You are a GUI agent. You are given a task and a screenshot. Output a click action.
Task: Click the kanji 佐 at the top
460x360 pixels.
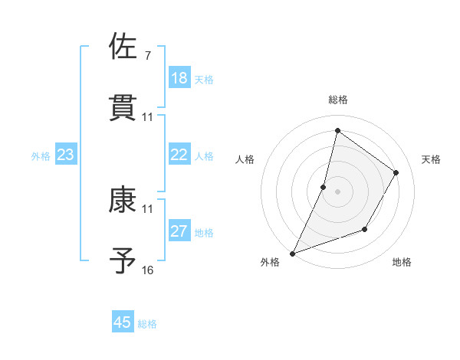[123, 47]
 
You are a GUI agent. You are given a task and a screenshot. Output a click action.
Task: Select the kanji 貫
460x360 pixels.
[123, 107]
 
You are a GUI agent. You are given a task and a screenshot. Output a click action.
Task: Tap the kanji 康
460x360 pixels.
[123, 200]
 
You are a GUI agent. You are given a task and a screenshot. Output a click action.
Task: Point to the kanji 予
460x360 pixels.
[123, 260]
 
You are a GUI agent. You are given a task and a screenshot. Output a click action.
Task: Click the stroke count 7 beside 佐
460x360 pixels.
[147, 56]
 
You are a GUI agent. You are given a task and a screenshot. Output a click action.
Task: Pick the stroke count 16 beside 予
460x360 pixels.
[148, 270]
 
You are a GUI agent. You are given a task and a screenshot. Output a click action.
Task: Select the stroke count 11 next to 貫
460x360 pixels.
[148, 117]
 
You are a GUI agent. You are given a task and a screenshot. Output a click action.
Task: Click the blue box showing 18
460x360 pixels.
[179, 78]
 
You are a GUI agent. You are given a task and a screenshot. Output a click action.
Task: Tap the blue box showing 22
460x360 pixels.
[179, 155]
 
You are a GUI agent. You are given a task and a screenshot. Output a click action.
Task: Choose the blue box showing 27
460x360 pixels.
[179, 231]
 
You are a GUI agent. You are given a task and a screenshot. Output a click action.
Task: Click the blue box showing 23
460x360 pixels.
[66, 155]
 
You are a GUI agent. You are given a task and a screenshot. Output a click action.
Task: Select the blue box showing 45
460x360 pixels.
[123, 322]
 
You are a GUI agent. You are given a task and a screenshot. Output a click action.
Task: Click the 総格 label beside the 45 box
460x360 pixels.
[147, 324]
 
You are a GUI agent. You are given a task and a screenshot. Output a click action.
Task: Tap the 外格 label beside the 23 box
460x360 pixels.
[41, 156]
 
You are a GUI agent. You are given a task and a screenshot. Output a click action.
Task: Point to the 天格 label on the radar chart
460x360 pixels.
[431, 159]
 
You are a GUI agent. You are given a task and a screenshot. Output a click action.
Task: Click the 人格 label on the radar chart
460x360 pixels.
[245, 159]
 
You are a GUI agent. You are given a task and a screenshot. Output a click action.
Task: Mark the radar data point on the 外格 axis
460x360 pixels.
[292, 254]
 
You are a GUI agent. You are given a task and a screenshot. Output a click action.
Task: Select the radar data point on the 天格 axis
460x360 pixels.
[396, 172]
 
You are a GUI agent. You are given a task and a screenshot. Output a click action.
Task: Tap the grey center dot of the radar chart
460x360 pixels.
[337, 191]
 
